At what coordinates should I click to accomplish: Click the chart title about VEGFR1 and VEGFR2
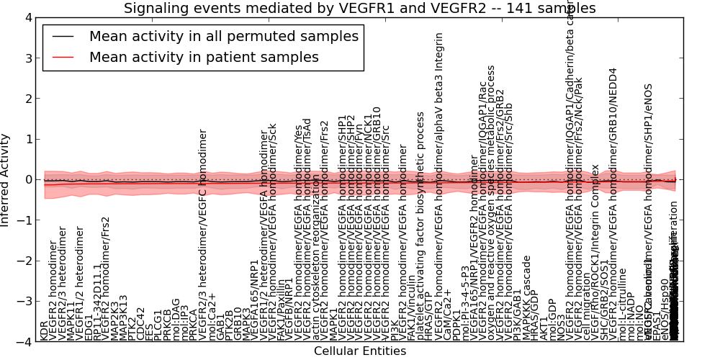[359, 9]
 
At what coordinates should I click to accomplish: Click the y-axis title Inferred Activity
[6, 179]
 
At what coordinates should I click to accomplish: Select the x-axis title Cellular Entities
[359, 351]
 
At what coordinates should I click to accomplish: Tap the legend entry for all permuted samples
[223, 37]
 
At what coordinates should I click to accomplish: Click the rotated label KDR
[45, 330]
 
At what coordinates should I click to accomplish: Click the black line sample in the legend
[63, 37]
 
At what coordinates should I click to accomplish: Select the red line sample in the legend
[63, 57]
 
